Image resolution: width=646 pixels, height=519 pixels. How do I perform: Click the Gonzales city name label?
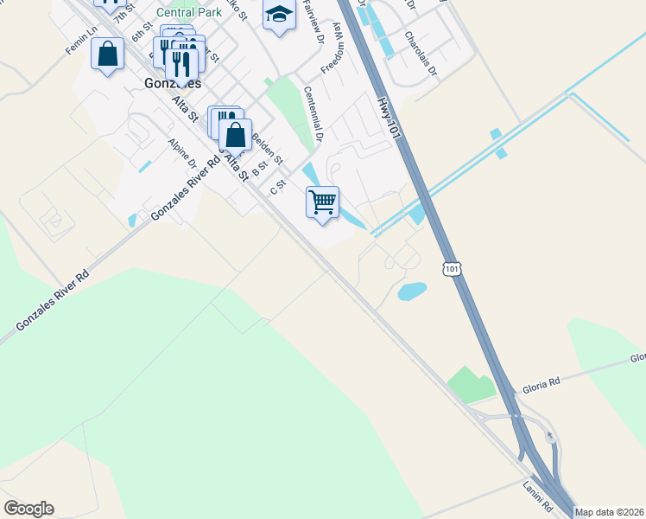[x=169, y=84]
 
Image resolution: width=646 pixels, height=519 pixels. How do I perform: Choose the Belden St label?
[x=266, y=147]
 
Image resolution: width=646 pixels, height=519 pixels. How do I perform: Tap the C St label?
[x=277, y=187]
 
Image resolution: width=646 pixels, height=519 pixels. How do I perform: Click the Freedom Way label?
[x=332, y=55]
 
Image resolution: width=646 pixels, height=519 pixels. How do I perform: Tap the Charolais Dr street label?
[x=421, y=53]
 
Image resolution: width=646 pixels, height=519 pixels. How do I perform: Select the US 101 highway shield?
[x=453, y=269]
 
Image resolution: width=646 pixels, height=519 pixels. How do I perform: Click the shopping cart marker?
[x=322, y=204]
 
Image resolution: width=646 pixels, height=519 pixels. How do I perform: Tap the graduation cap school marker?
[x=279, y=16]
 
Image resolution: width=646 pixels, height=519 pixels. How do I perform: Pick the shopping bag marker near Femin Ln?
[x=107, y=55]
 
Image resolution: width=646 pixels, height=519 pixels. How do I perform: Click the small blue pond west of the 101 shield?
[x=412, y=292]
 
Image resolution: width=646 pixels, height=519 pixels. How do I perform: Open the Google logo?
[x=28, y=509]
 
